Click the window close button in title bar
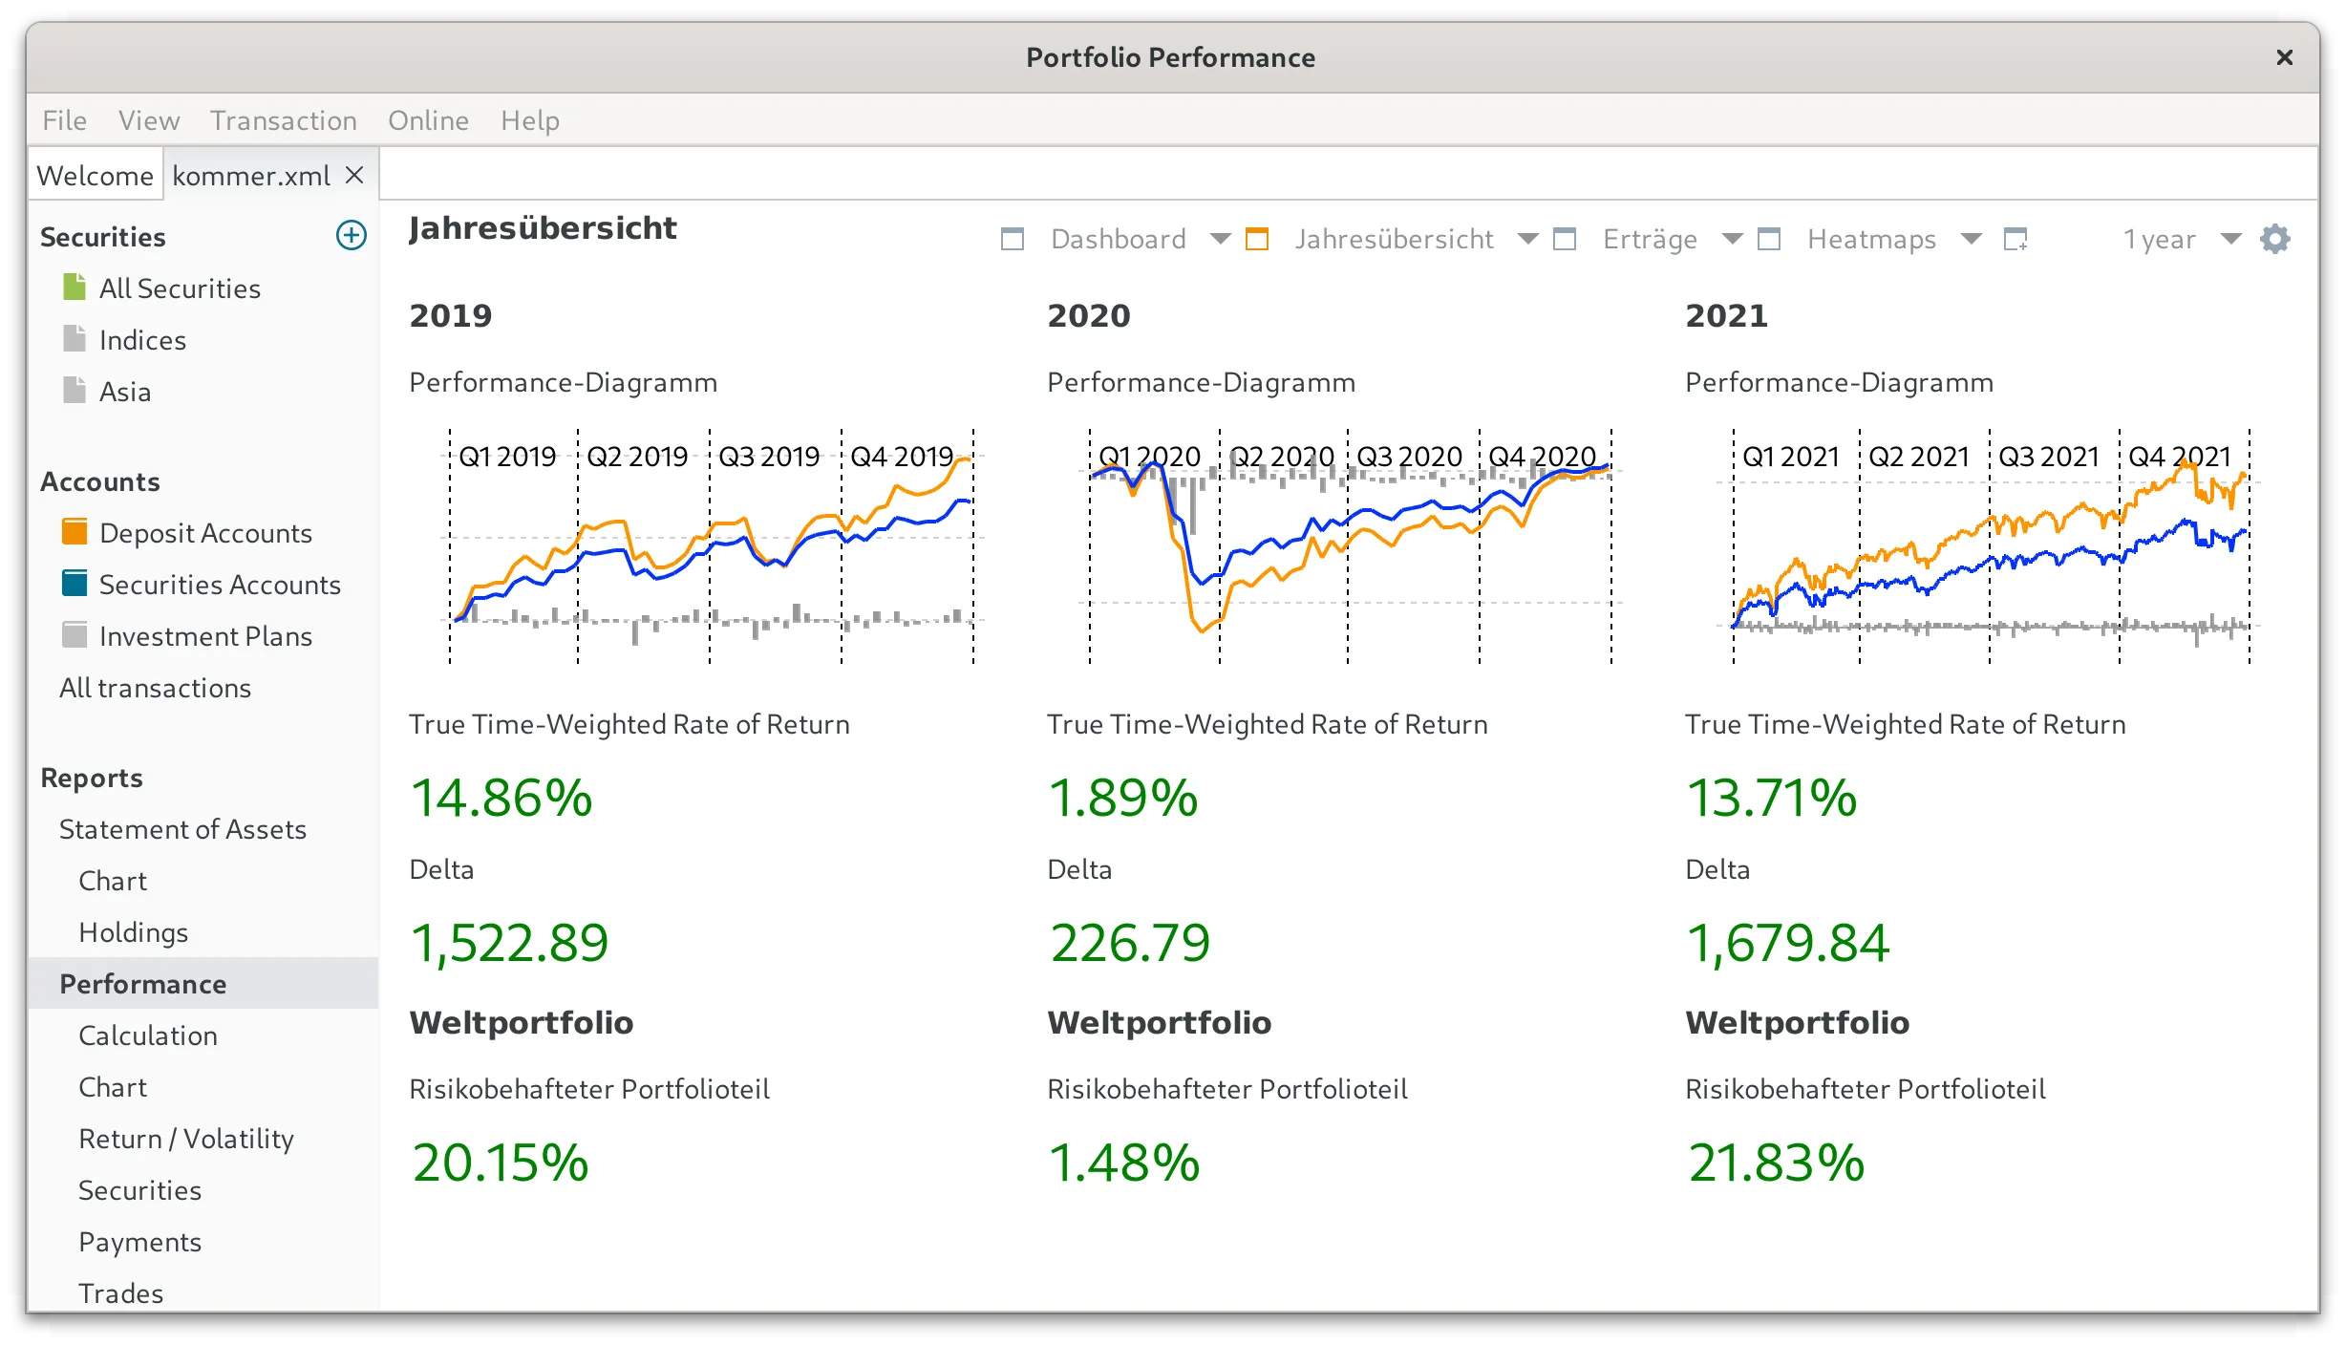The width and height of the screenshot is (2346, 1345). [2284, 58]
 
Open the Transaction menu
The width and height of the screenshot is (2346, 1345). [283, 120]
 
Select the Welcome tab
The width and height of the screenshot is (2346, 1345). [95, 176]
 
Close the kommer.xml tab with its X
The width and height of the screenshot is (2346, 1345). [354, 175]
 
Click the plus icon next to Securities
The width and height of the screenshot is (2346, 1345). [352, 235]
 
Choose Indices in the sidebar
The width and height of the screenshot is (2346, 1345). [142, 340]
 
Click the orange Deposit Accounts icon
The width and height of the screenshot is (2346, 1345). [75, 532]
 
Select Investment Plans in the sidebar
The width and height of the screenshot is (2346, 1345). [205, 636]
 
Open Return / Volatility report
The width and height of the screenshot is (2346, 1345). [186, 1139]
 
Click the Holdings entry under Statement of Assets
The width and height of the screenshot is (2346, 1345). [133, 932]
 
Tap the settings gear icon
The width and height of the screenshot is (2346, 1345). [2275, 239]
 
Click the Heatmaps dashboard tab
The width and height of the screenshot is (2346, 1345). [1870, 239]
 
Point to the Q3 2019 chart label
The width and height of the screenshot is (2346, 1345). [769, 457]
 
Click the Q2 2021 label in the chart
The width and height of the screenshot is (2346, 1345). [1919, 457]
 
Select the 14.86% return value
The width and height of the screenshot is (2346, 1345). [501, 798]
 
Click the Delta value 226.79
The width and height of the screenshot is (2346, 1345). [1130, 943]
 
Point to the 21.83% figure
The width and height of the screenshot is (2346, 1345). [1776, 1163]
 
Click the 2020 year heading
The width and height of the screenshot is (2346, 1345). [1088, 315]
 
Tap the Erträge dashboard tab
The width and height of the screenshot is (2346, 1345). [1650, 239]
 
